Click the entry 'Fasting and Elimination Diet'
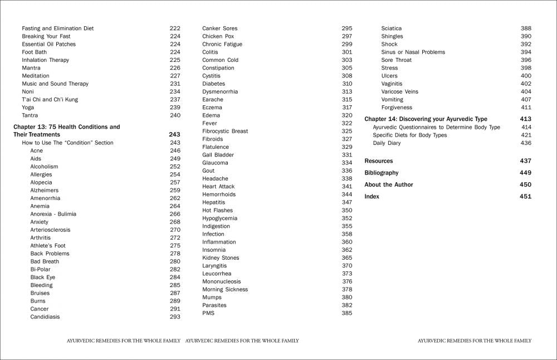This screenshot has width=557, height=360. coord(58,28)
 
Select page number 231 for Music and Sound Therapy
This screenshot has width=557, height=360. coord(175,84)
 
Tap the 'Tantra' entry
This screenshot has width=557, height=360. coord(30,115)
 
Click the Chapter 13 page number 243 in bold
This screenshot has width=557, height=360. coord(174,135)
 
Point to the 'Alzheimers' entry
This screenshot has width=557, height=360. coord(44,190)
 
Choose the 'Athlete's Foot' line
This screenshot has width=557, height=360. coord(48,246)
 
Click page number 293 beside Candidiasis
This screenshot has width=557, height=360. coord(175,317)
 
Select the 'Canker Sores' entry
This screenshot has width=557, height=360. coord(219,28)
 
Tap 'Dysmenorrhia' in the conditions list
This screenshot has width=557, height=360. coord(220,91)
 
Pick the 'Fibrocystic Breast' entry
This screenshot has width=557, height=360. coord(225,131)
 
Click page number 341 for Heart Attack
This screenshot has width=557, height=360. coord(347,187)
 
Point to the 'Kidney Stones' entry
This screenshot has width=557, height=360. coord(221,258)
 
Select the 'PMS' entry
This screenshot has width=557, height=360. coord(208,313)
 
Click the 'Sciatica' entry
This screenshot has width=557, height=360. coord(392,28)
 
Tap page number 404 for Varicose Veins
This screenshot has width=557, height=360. coord(526,91)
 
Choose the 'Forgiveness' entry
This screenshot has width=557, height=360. coord(397,108)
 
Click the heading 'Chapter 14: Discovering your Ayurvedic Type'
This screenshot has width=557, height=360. coord(426,119)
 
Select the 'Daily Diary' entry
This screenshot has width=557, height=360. coord(387,143)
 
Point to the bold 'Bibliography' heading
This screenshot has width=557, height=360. coord(382,173)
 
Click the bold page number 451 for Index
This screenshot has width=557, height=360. coord(525,197)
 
